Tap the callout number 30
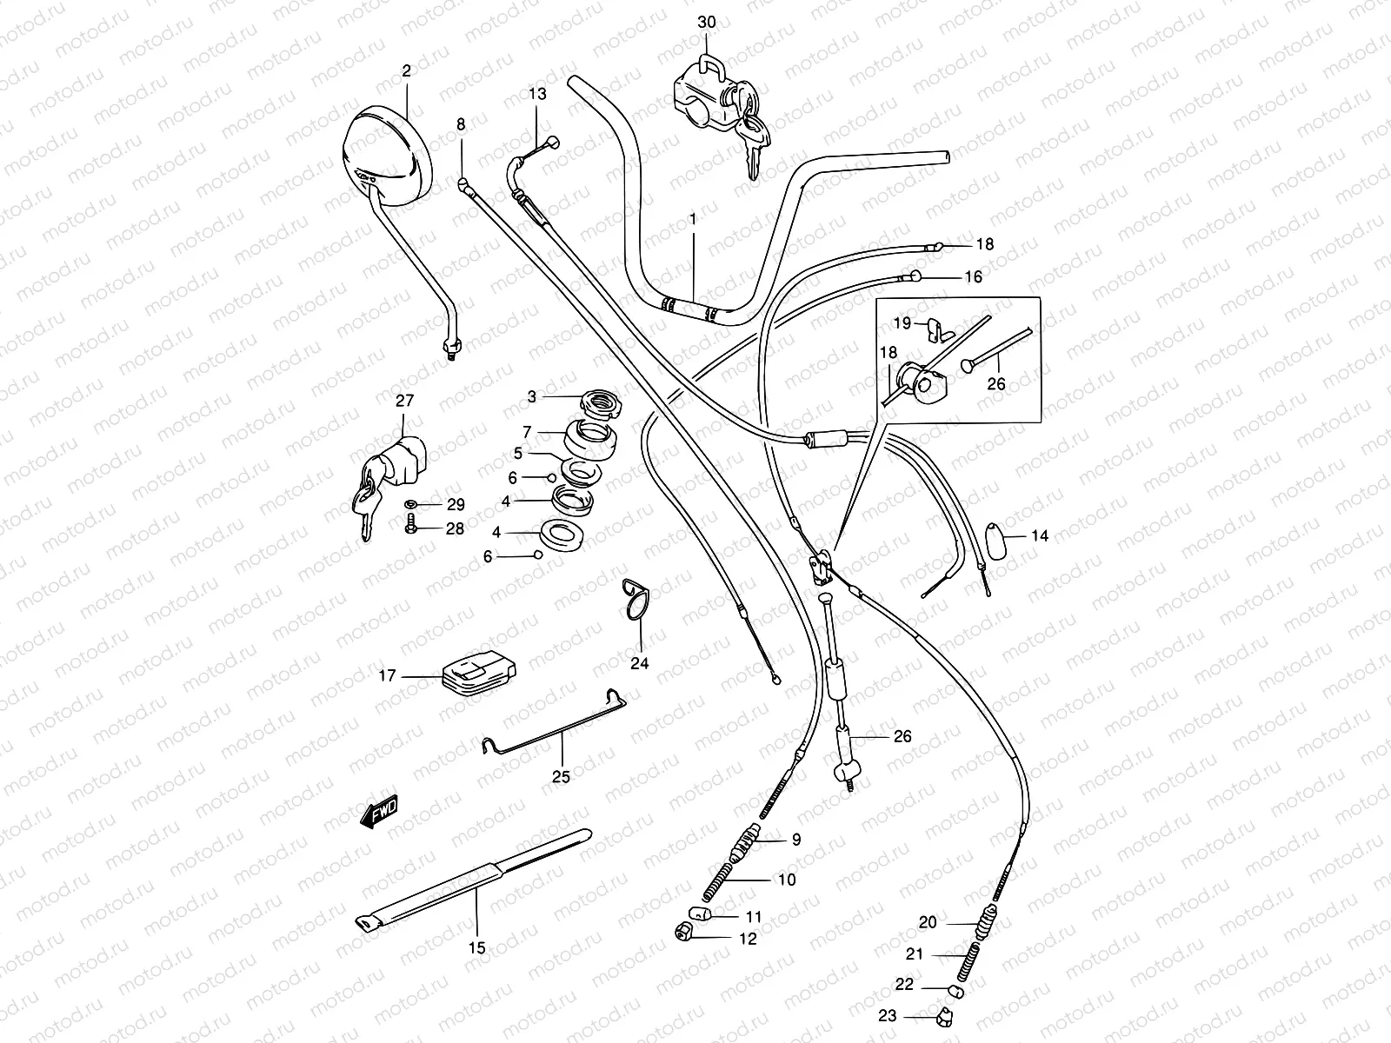point(706,22)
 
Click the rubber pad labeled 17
point(477,675)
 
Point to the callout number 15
point(476,948)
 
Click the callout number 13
point(537,94)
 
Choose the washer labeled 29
point(410,504)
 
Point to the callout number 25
point(561,777)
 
